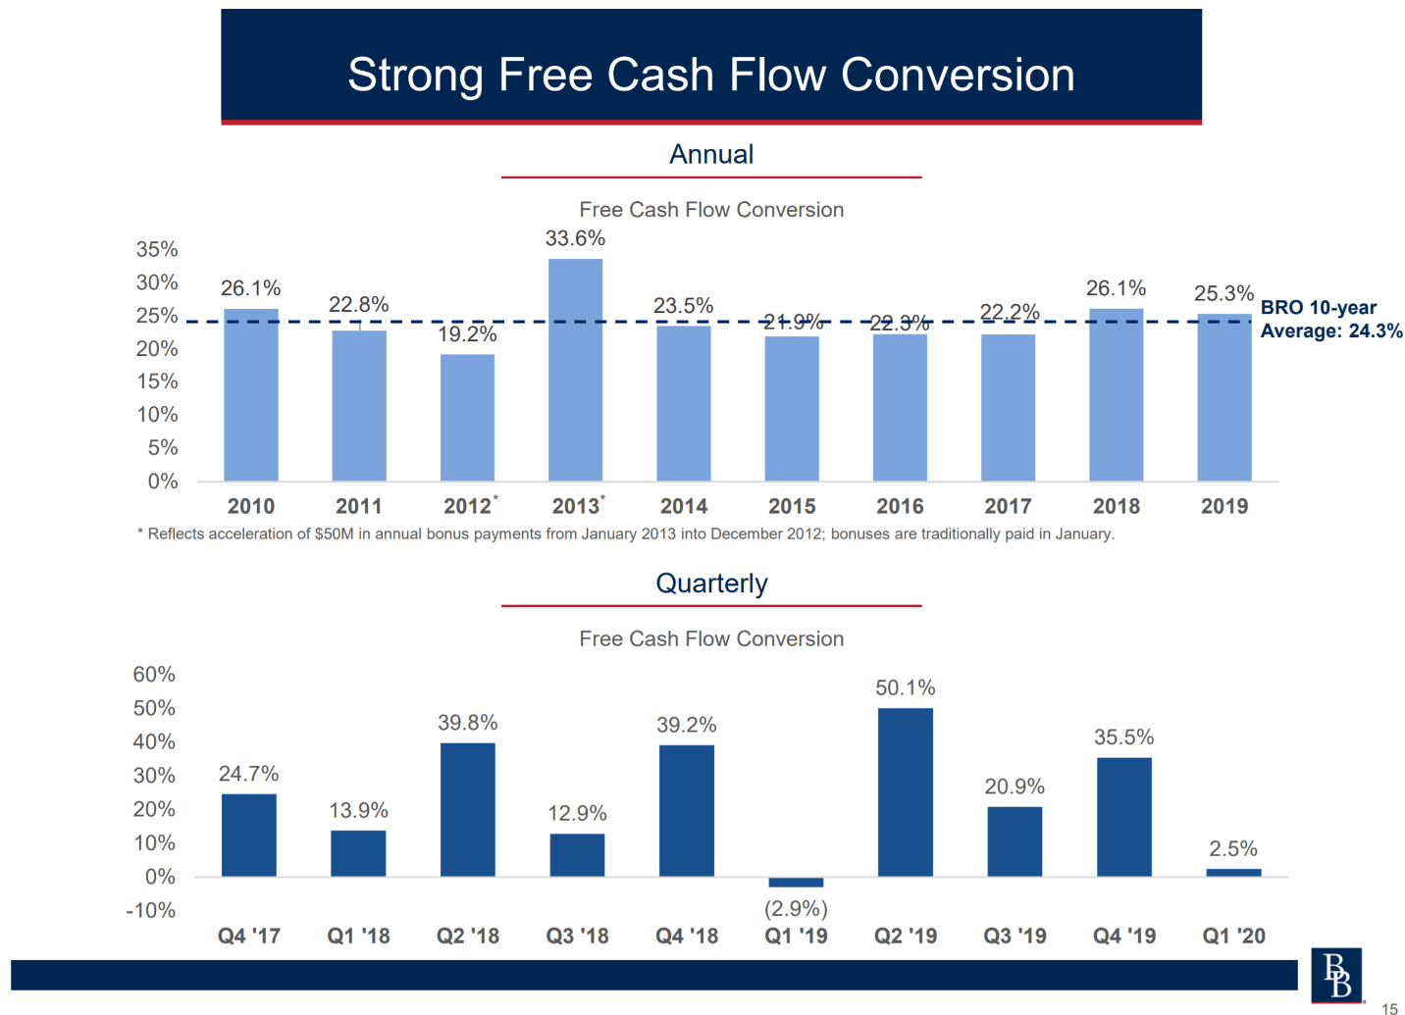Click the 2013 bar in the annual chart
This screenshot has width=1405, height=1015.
tap(575, 370)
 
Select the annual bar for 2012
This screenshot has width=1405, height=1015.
tap(467, 417)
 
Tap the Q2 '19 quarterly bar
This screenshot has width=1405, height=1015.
tap(905, 791)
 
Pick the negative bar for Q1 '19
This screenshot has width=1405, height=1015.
tap(796, 883)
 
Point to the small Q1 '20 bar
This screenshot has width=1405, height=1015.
tap(1233, 872)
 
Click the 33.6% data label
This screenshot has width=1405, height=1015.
tap(575, 238)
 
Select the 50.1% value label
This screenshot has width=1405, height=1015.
tap(905, 687)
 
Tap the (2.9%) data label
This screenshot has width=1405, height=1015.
tap(796, 909)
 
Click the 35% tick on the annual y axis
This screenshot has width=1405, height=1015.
tap(157, 249)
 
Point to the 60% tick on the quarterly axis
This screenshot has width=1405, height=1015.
tap(154, 675)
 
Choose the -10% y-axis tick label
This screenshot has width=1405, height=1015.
tap(150, 910)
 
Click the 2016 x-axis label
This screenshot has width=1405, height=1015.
tap(900, 506)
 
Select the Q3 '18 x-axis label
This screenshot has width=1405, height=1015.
tap(577, 936)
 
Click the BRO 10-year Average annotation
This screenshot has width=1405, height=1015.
tap(1330, 320)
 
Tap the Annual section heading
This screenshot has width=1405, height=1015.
tap(711, 154)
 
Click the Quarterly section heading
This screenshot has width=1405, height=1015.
tap(711, 584)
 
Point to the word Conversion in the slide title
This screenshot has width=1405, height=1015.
tap(958, 75)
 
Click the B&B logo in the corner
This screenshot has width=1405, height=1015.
tap(1336, 975)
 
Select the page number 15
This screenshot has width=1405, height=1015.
tap(1389, 1007)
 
